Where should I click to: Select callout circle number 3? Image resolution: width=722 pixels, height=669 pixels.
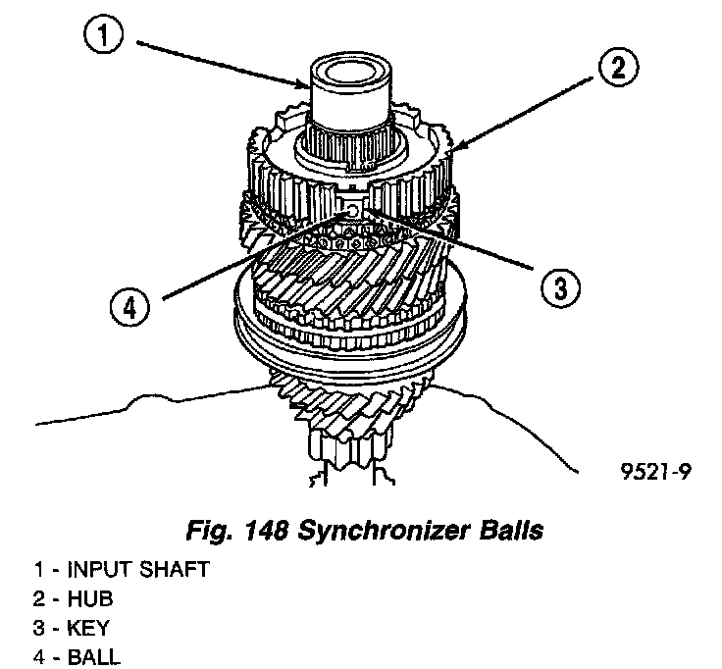click(556, 286)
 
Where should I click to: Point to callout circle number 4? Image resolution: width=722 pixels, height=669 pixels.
click(129, 307)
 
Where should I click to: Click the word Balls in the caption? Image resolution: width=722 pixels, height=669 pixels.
click(506, 532)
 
